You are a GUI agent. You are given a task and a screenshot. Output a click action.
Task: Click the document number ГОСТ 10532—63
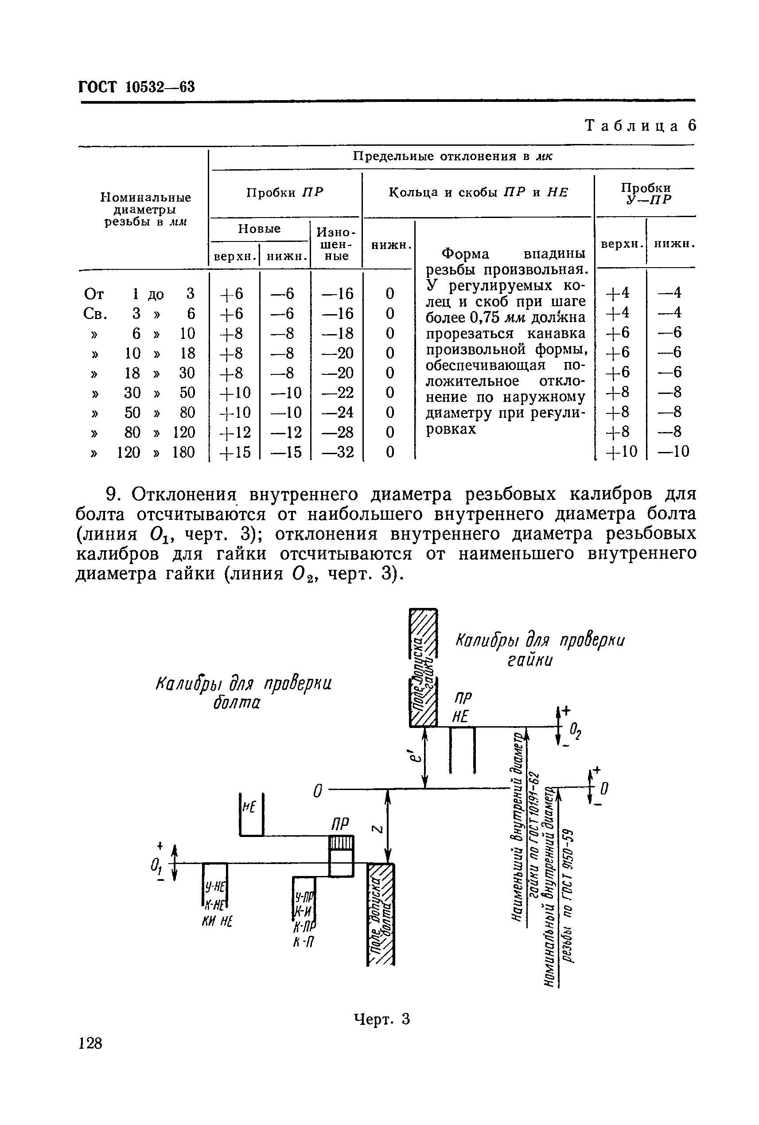point(136,87)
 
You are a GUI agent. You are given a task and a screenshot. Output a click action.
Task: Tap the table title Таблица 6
point(640,126)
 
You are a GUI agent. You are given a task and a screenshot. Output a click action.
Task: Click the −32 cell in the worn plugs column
point(338,452)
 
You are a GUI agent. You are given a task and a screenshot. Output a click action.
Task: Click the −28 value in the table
point(338,432)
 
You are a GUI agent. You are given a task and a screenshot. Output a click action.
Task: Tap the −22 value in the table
point(338,393)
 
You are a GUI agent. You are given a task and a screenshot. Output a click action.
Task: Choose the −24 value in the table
point(338,413)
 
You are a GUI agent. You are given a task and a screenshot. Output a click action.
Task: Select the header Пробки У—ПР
point(646,193)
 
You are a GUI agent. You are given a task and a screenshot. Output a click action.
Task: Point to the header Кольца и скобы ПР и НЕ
point(478,193)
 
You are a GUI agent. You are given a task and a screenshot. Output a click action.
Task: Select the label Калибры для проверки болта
point(244,693)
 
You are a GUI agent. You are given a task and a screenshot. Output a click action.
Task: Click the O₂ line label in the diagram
point(575,731)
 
